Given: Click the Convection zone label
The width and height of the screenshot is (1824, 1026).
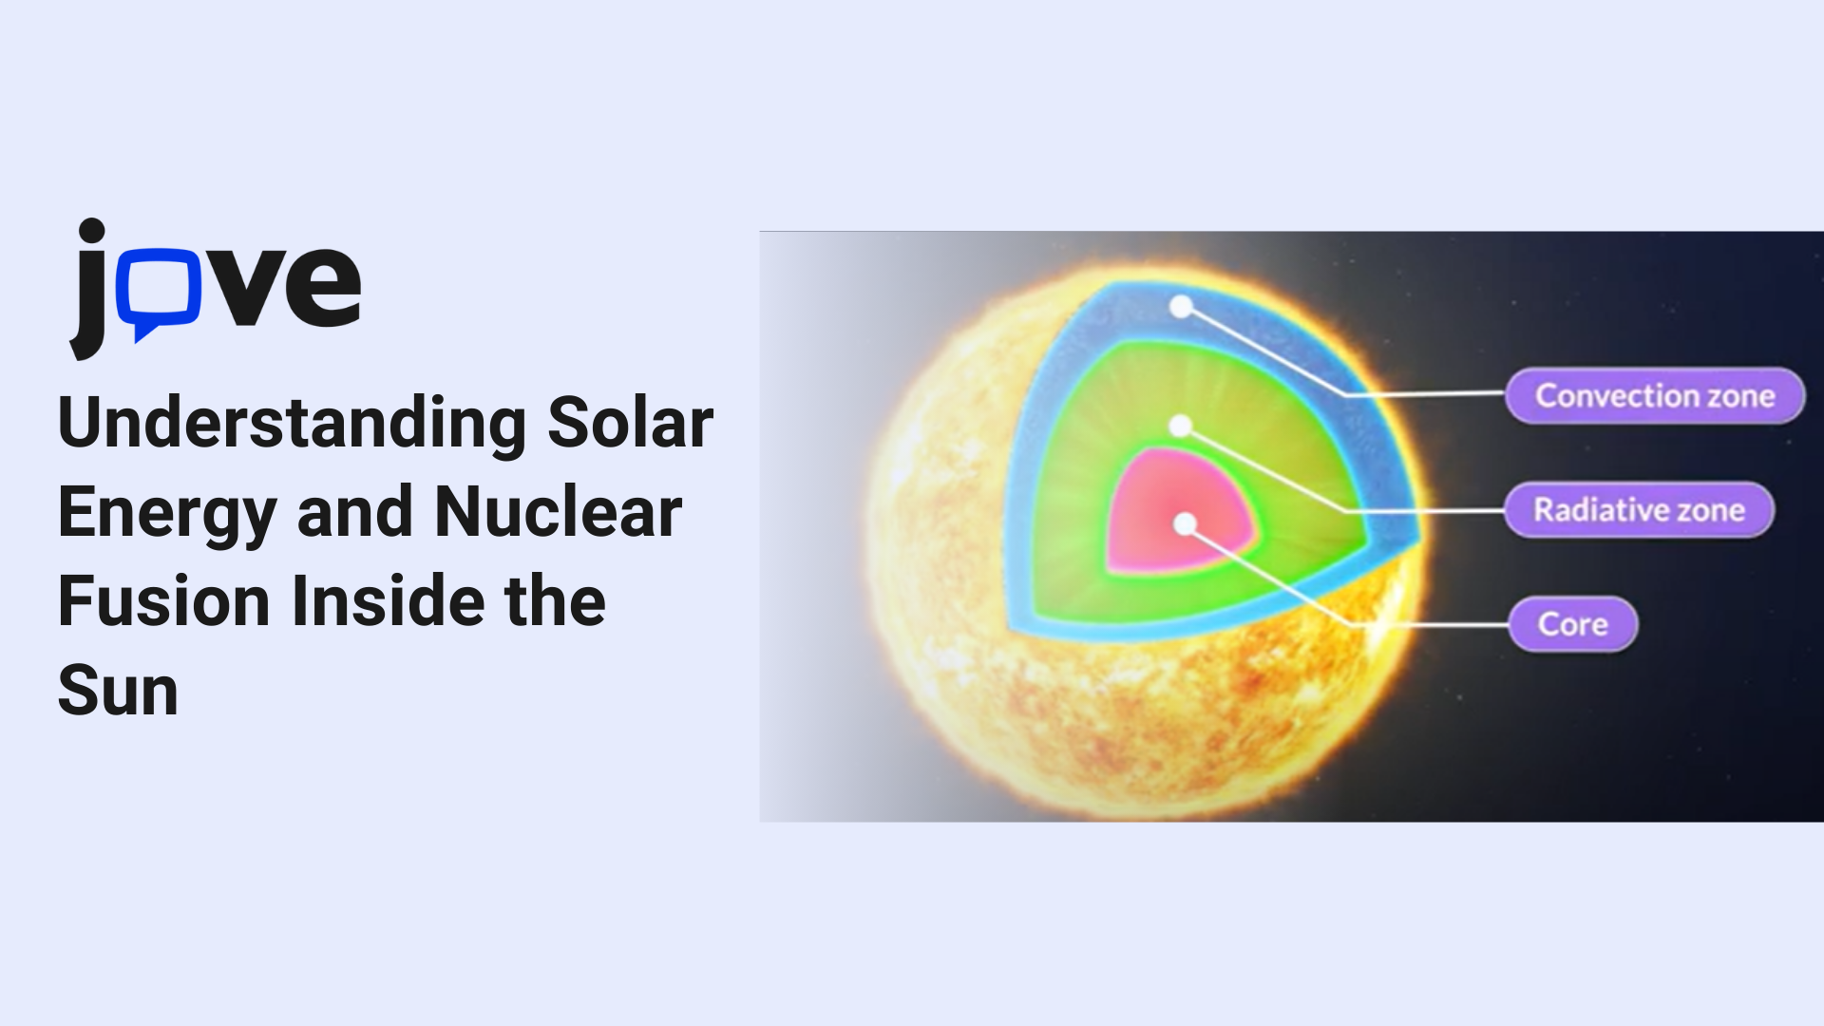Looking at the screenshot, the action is coord(1655,395).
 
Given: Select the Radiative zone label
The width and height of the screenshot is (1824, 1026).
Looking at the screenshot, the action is coord(1640,510).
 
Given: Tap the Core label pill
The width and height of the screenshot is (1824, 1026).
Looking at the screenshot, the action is coord(1573,624).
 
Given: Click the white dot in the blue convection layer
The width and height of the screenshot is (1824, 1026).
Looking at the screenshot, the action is coord(1181,307).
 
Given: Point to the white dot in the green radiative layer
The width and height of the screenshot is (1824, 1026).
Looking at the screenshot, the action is coord(1180,426).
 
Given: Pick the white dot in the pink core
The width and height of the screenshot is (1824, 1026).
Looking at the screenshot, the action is coord(1185,523).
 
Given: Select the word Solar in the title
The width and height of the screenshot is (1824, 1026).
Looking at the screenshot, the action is coord(630,423).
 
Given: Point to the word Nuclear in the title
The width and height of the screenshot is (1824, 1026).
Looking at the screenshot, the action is coord(559,512).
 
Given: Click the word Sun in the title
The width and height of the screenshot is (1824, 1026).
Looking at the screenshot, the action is coord(119,691).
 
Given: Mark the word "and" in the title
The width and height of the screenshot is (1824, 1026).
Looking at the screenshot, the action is coord(355,512).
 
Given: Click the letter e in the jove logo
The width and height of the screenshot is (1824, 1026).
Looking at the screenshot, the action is coord(322,287).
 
